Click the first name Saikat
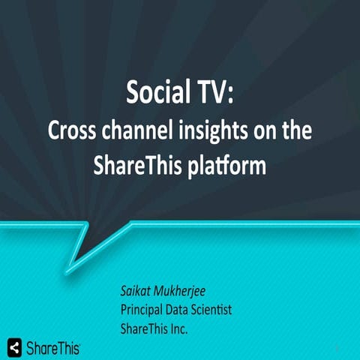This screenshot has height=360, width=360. coord(139,291)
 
